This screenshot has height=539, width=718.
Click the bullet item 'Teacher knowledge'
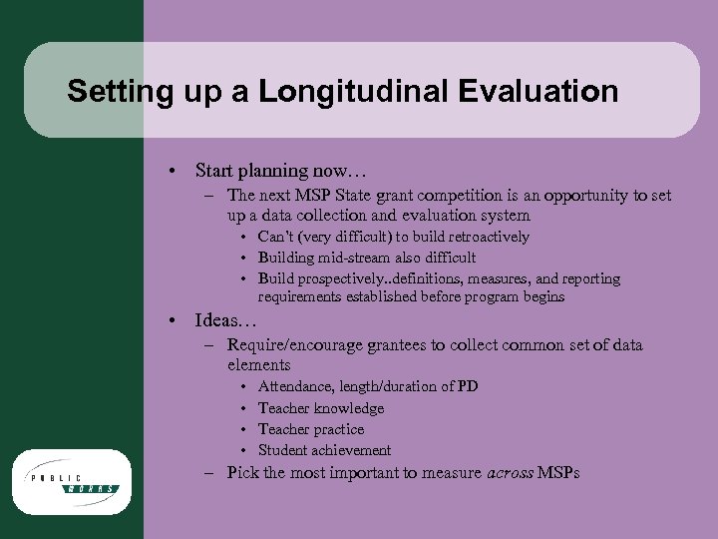[x=320, y=407]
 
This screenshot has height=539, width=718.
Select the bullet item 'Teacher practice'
[x=310, y=429]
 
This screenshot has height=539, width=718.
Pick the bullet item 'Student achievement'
[x=324, y=450]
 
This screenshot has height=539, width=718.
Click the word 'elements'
[x=258, y=364]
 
